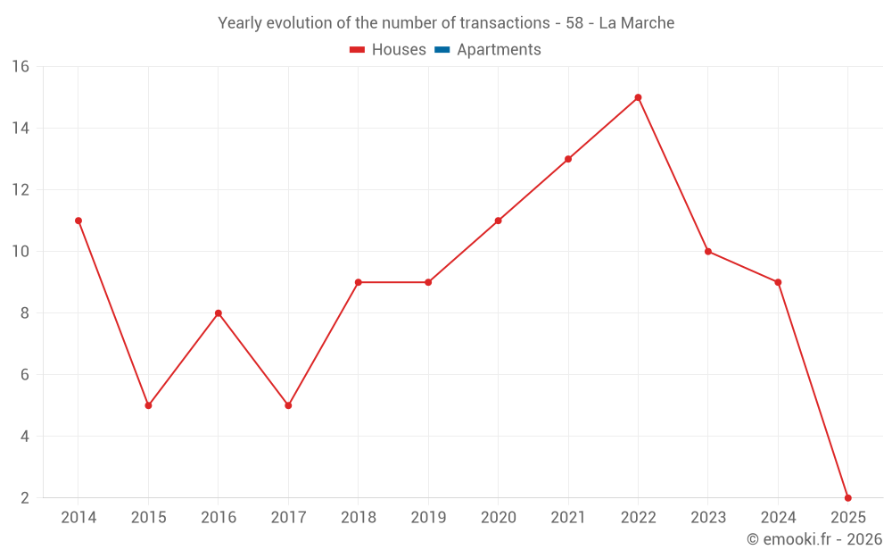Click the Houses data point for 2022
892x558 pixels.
[638, 97]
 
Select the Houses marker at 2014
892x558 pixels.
[78, 221]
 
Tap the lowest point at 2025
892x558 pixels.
[847, 497]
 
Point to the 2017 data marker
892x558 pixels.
[288, 405]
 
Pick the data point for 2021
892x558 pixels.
[568, 159]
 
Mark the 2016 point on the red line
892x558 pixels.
[219, 313]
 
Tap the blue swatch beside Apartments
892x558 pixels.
[442, 50]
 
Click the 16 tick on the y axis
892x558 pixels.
[21, 67]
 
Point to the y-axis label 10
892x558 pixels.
[21, 252]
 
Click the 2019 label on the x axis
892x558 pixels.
[428, 518]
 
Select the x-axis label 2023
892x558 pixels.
[707, 518]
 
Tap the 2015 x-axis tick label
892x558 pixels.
[148, 518]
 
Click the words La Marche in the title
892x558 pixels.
[637, 22]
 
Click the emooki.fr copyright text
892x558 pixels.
[814, 539]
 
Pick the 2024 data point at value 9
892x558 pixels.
[778, 282]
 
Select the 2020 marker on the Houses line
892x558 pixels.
[498, 221]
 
